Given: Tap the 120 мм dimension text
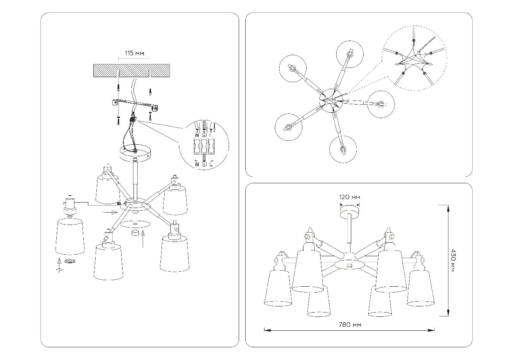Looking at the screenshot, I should click(349, 197).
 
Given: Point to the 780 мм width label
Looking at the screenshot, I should click(350, 325).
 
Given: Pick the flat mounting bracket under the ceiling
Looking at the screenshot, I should click(135, 104).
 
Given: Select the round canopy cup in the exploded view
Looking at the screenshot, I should click(135, 153).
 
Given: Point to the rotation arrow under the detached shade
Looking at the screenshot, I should click(59, 269).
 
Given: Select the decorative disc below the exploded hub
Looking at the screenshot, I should click(135, 224).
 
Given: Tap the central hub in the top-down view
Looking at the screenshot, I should click(330, 100).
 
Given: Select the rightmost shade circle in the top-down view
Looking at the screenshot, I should click(381, 104).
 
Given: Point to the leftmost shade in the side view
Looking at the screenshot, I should click(278, 287).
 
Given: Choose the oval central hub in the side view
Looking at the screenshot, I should click(349, 265).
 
